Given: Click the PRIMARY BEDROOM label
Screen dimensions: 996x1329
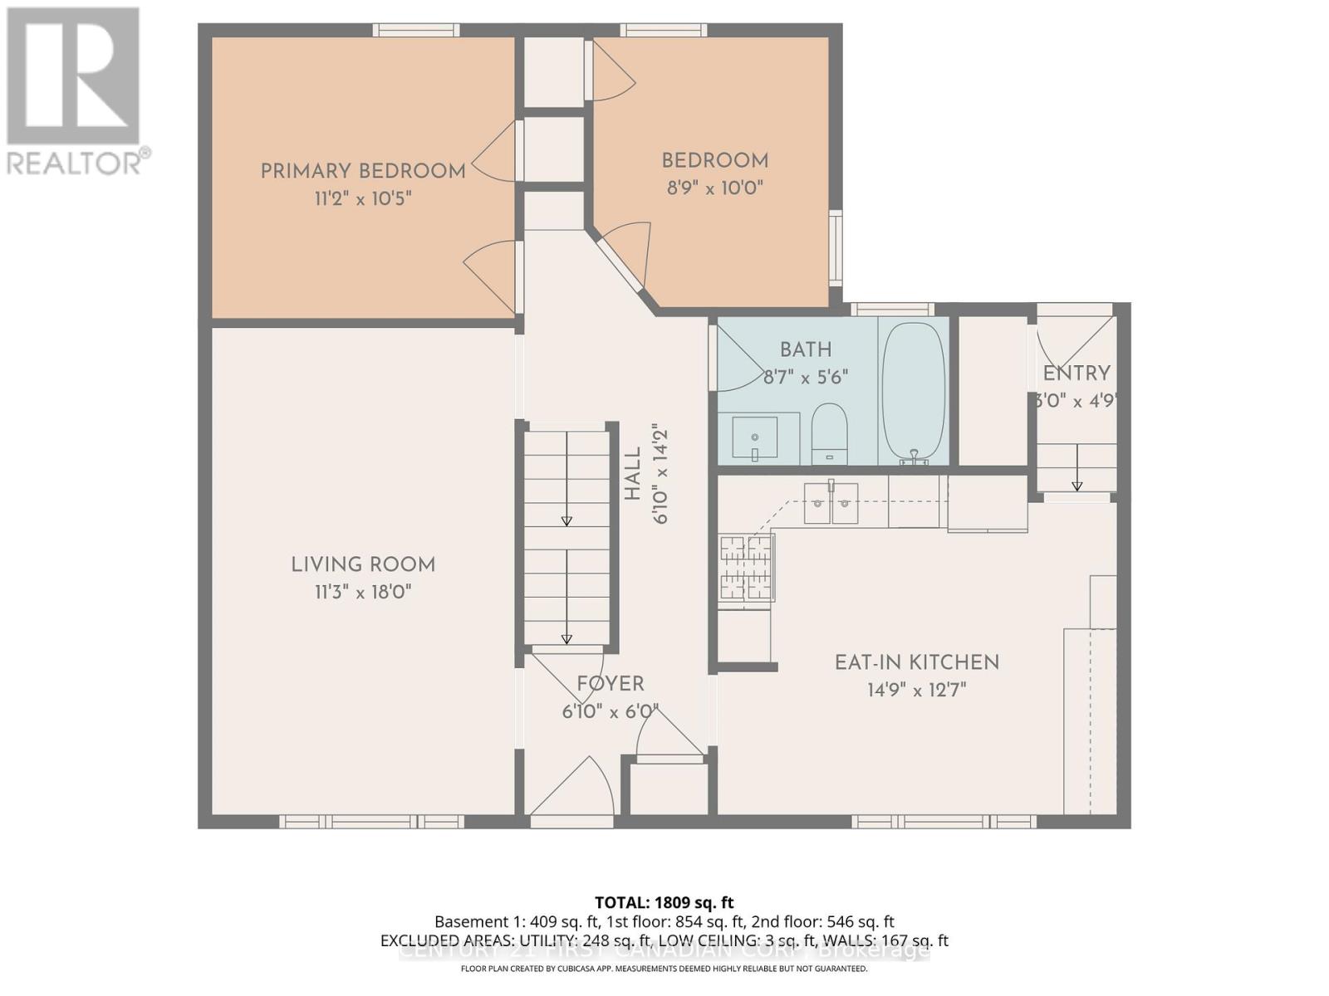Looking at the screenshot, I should click(x=363, y=172).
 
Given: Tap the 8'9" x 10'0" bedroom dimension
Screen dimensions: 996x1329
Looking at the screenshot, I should click(x=714, y=188).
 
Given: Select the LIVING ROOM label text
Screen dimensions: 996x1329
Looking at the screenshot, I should click(x=363, y=565).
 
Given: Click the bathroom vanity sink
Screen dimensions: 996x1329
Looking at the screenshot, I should click(x=754, y=437).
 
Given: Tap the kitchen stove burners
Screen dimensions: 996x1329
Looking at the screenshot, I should click(x=746, y=568).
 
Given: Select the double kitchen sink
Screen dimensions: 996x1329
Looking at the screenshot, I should click(x=831, y=503).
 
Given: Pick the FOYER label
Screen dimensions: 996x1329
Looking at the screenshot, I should click(x=611, y=684).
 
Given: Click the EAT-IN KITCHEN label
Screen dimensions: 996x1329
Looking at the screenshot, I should click(x=917, y=662).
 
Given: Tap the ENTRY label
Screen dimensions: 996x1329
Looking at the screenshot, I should click(x=1076, y=373).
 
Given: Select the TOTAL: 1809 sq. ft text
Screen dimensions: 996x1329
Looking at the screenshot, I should click(x=664, y=902).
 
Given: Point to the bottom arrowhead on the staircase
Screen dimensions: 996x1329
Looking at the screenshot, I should click(x=566, y=638).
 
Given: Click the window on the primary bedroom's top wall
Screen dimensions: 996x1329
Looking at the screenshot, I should click(x=415, y=31).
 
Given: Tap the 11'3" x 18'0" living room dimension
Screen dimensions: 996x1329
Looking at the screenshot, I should click(x=363, y=593).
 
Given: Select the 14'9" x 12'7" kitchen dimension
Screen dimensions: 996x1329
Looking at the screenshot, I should click(x=917, y=690).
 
